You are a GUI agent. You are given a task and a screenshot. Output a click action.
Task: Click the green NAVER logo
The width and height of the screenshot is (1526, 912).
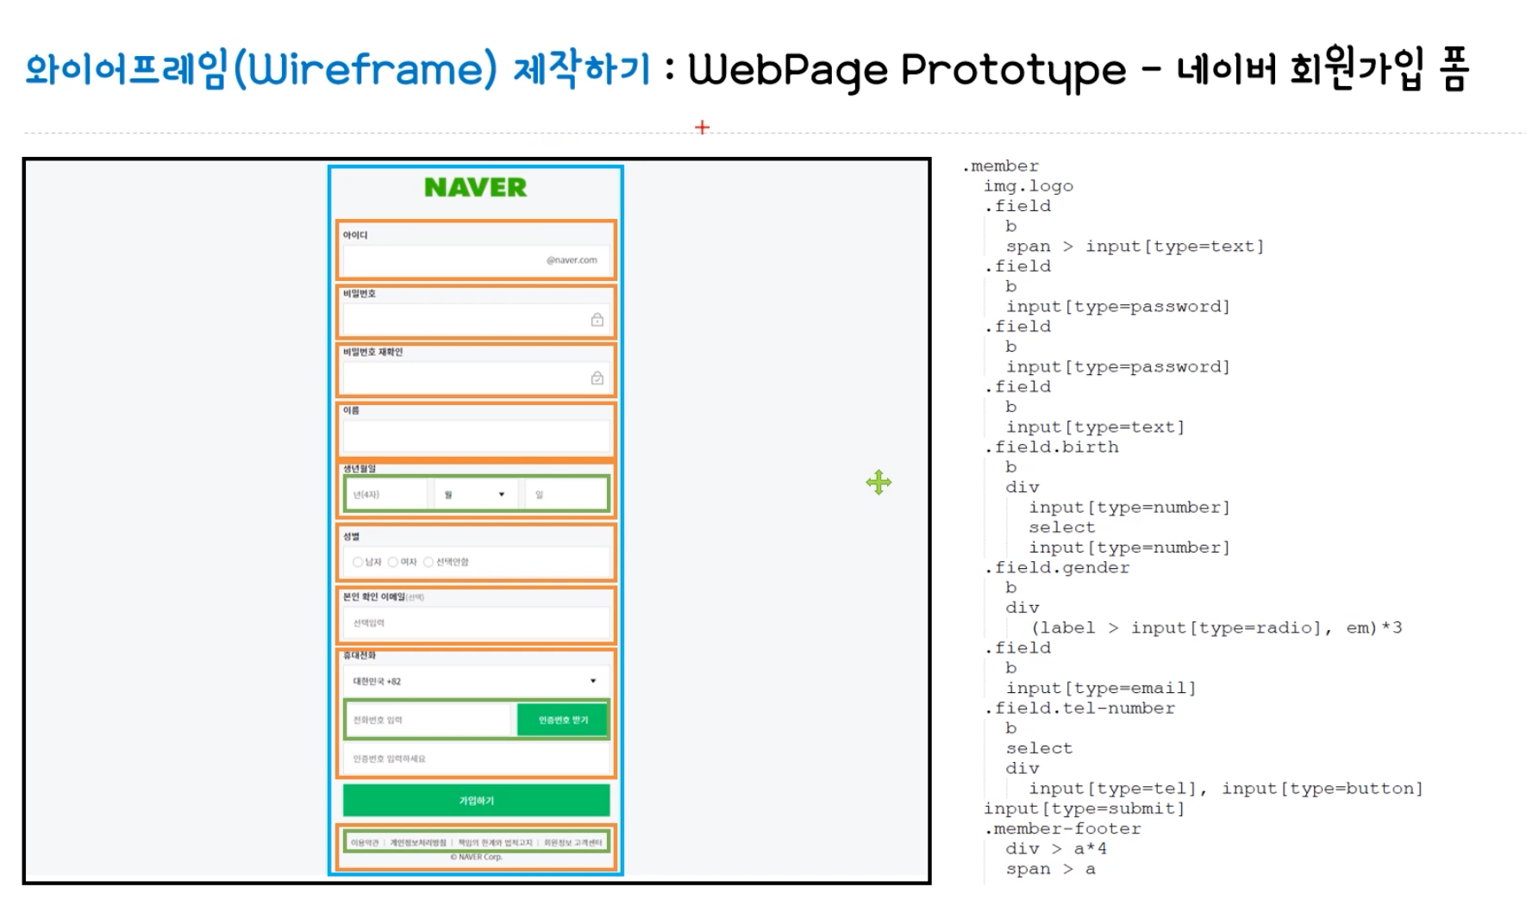point(475,187)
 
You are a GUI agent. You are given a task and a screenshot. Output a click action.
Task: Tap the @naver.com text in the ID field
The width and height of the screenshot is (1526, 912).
point(572,260)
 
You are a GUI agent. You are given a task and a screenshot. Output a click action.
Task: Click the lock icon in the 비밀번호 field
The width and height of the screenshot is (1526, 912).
point(597,320)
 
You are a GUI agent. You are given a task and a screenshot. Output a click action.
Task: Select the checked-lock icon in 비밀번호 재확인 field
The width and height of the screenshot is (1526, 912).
point(597,378)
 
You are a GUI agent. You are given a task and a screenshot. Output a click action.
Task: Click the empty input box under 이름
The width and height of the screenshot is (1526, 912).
point(475,437)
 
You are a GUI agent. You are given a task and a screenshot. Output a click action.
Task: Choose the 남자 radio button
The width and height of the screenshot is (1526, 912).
point(358,562)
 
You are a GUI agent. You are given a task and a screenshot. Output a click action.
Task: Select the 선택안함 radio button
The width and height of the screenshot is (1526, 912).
point(428,562)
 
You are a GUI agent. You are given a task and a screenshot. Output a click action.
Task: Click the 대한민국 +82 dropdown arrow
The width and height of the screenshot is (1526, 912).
point(593,681)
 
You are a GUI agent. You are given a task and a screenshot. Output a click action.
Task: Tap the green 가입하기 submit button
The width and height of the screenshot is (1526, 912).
point(476,801)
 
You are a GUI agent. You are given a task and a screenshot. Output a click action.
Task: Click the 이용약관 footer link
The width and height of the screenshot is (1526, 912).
point(365,842)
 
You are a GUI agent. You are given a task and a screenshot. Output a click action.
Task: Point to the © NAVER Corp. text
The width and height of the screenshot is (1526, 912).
point(476,857)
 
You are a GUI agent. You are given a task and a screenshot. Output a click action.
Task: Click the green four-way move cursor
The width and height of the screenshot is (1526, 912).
point(879,483)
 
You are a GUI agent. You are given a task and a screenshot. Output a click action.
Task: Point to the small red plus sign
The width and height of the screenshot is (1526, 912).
point(702,128)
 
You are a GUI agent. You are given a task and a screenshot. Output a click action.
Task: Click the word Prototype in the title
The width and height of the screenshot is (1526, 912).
point(1013,69)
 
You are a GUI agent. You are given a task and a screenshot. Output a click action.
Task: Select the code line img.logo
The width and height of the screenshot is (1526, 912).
point(1028,186)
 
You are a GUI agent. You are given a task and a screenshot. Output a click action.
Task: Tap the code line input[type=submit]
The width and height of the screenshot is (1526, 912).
point(1084,809)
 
